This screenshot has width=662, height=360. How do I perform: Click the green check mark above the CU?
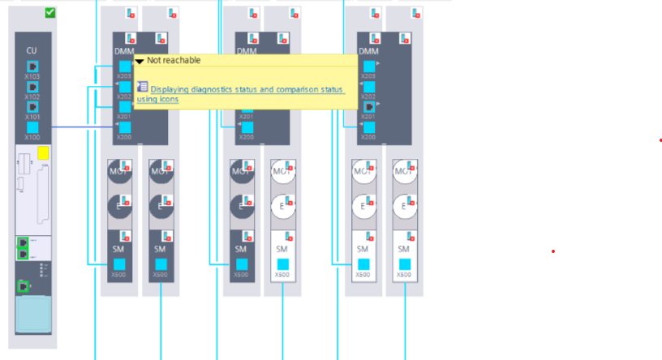pyautogui.click(x=50, y=12)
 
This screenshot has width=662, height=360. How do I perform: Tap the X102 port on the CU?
pyautogui.click(x=32, y=87)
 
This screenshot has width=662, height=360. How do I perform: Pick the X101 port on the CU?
pyautogui.click(x=32, y=107)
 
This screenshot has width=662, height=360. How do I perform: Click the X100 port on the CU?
pyautogui.click(x=32, y=127)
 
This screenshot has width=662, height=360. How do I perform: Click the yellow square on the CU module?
pyautogui.click(x=43, y=152)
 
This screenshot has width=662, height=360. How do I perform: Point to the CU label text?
pyautogui.click(x=32, y=50)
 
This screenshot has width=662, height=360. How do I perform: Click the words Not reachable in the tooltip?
pyautogui.click(x=174, y=60)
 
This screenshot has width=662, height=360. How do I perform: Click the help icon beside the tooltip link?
pyautogui.click(x=142, y=86)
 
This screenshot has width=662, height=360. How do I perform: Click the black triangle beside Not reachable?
pyautogui.click(x=140, y=61)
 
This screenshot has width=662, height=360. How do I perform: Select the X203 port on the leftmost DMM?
pyautogui.click(x=124, y=66)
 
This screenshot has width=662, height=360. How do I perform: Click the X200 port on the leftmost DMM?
pyautogui.click(x=124, y=127)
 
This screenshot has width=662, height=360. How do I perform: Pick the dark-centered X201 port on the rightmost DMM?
pyautogui.click(x=369, y=107)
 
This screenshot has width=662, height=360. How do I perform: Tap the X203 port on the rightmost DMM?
pyautogui.click(x=369, y=66)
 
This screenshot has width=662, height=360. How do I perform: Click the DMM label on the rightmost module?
pyautogui.click(x=368, y=51)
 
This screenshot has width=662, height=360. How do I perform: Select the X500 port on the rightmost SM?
pyautogui.click(x=404, y=264)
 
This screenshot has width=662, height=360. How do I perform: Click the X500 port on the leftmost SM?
pyautogui.click(x=119, y=264)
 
